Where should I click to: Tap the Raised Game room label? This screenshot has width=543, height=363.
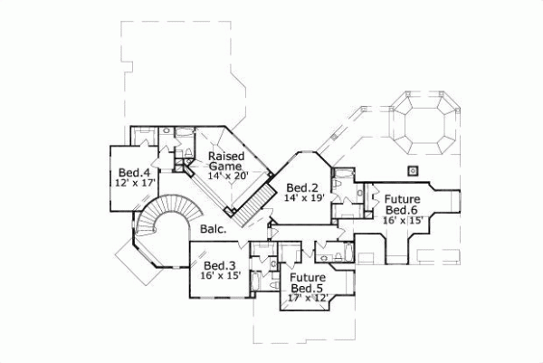pos(225,161)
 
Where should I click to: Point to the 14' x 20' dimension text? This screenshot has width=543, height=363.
pos(225,176)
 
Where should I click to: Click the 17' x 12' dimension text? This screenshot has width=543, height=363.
pos(307,297)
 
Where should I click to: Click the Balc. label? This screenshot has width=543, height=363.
pos(214,229)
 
